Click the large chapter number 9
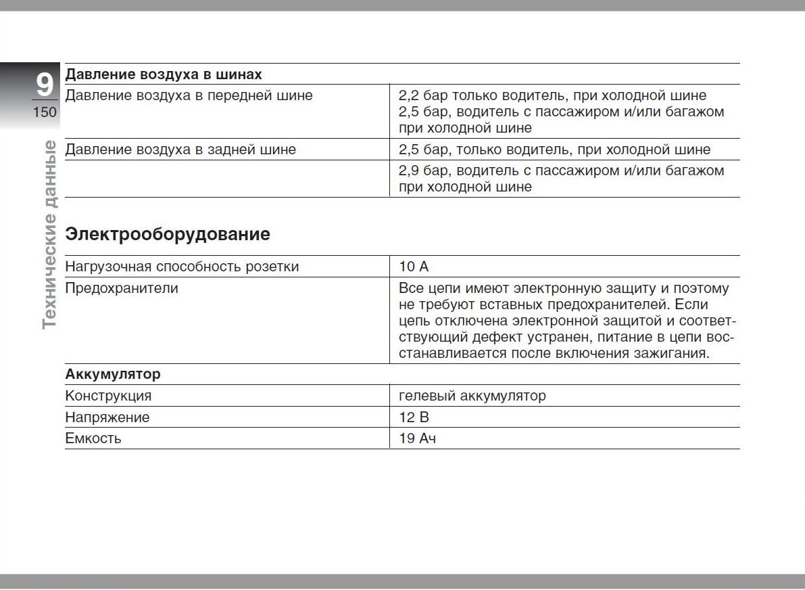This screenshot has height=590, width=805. [44, 85]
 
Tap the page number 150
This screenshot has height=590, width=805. [45, 112]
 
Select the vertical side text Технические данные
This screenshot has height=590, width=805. [49, 234]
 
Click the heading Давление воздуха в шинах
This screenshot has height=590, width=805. [164, 74]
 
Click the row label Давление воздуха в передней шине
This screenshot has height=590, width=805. [189, 95]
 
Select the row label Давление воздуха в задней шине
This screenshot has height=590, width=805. [180, 150]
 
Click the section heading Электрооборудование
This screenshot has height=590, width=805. [167, 234]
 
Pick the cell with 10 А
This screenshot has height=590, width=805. [414, 267]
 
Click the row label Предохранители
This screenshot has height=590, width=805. [122, 288]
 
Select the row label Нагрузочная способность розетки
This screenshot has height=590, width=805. [182, 267]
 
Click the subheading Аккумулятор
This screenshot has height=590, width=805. [113, 374]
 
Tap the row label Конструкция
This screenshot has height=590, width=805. [108, 396]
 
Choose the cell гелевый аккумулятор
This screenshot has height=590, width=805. [472, 396]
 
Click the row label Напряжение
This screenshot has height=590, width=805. [107, 417]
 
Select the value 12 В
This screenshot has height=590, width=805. [414, 417]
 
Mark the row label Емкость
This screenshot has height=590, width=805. [93, 438]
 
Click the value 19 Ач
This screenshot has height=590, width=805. [417, 438]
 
